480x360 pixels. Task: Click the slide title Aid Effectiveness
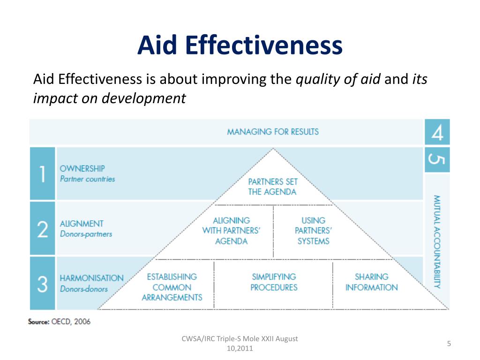tap(240, 46)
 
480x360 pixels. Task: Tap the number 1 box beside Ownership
tap(42, 173)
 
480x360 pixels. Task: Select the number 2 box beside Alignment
tap(42, 229)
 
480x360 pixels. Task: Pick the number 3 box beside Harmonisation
tap(42, 283)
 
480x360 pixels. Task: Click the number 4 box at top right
tap(437, 132)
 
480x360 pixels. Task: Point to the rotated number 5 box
tap(437, 159)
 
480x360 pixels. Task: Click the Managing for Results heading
tap(273, 132)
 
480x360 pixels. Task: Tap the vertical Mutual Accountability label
tap(437, 241)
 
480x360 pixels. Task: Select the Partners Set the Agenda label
tap(272, 187)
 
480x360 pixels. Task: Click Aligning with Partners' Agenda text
tap(231, 231)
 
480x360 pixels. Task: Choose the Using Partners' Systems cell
tap(313, 231)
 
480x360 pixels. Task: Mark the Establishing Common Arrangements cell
tap(172, 287)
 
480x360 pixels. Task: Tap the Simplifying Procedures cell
tap(274, 282)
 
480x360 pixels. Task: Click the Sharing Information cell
tap(371, 282)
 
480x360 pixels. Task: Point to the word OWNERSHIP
tap(82, 168)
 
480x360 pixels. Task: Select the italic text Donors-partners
tap(86, 234)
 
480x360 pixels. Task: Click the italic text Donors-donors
tap(83, 289)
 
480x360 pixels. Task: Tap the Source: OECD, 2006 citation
tap(60, 322)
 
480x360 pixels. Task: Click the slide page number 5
tap(449, 344)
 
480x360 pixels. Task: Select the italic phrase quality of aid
tap(338, 80)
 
